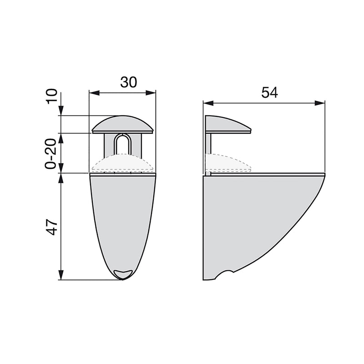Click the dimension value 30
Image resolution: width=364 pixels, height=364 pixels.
tap(128, 82)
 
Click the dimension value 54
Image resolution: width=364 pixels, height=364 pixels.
tap(269, 92)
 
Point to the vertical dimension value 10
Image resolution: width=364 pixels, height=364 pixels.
tap(53, 97)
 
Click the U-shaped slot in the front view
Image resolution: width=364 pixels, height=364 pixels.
tap(122, 145)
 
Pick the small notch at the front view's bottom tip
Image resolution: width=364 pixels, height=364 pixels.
tap(123, 273)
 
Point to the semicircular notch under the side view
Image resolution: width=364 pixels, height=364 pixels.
tap(224, 276)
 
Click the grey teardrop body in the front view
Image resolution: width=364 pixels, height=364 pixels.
tap(122, 218)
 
